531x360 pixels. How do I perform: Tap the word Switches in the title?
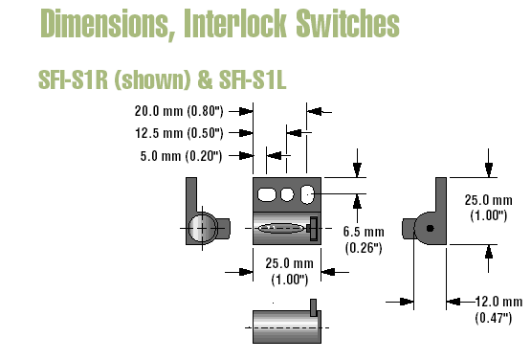348,23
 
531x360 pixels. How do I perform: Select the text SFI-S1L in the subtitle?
253,80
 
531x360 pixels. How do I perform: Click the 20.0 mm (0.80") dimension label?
179,111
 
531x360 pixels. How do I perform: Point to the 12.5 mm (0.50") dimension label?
179,133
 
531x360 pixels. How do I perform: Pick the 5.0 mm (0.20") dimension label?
181,156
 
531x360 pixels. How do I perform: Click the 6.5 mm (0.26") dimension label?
364,239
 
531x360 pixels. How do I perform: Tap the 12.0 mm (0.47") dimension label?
498,309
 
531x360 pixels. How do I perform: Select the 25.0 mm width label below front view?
290,271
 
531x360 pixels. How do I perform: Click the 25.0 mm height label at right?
488,208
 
